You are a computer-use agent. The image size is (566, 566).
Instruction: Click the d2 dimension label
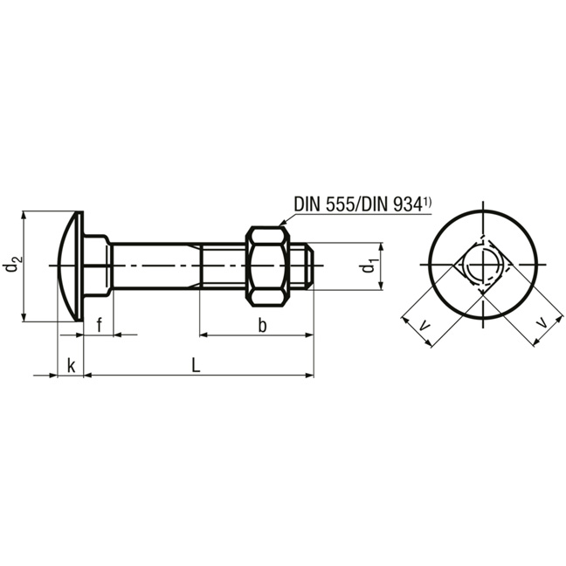(13, 264)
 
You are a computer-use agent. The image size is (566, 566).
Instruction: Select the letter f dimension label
(100, 325)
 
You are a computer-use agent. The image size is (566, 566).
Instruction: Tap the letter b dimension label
(262, 325)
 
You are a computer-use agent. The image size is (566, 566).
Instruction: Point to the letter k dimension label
(72, 366)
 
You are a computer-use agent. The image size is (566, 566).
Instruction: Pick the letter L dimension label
(196, 365)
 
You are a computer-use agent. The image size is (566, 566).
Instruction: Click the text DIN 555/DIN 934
(358, 204)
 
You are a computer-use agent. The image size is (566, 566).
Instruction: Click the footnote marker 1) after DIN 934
(427, 203)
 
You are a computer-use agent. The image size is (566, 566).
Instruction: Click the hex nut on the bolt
(267, 266)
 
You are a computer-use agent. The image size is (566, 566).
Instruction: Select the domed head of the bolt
(71, 266)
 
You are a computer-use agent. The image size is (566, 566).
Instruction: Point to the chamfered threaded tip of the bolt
(310, 266)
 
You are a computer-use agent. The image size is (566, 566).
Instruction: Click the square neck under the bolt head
(97, 266)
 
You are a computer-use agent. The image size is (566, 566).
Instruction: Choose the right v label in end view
(542, 322)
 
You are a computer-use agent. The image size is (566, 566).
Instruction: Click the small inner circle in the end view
(482, 266)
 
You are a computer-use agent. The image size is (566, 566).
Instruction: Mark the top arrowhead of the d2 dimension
(24, 216)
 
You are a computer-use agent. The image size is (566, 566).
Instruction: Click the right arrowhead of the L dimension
(310, 376)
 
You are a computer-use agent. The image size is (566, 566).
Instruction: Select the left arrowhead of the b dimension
(204, 335)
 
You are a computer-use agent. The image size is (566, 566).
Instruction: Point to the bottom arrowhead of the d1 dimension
(381, 285)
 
